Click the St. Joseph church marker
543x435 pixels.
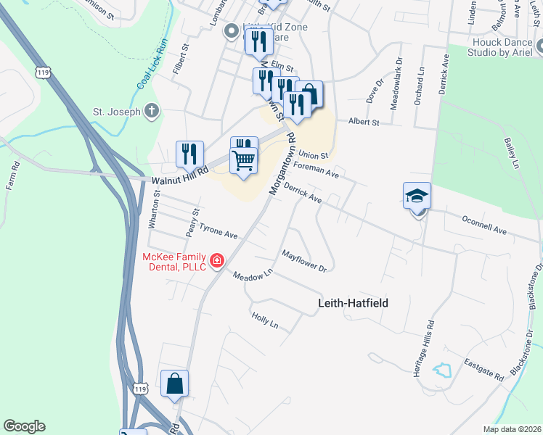pyautogui.click(x=151, y=111)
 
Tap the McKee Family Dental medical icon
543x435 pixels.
pyautogui.click(x=216, y=260)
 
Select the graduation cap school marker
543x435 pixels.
pyautogui.click(x=417, y=195)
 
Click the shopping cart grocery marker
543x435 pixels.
pyautogui.click(x=244, y=160)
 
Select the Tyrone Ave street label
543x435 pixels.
pyautogui.click(x=219, y=231)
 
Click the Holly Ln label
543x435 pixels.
pyautogui.click(x=264, y=319)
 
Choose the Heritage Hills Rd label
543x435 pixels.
pyautogui.click(x=420, y=348)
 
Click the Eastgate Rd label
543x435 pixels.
pyautogui.click(x=484, y=371)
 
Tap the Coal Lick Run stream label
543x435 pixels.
pyautogui.click(x=152, y=65)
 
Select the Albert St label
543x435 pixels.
pyautogui.click(x=364, y=123)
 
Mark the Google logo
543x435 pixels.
pyautogui.click(x=24, y=426)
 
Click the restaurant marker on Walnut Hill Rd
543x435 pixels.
pyautogui.click(x=189, y=154)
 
